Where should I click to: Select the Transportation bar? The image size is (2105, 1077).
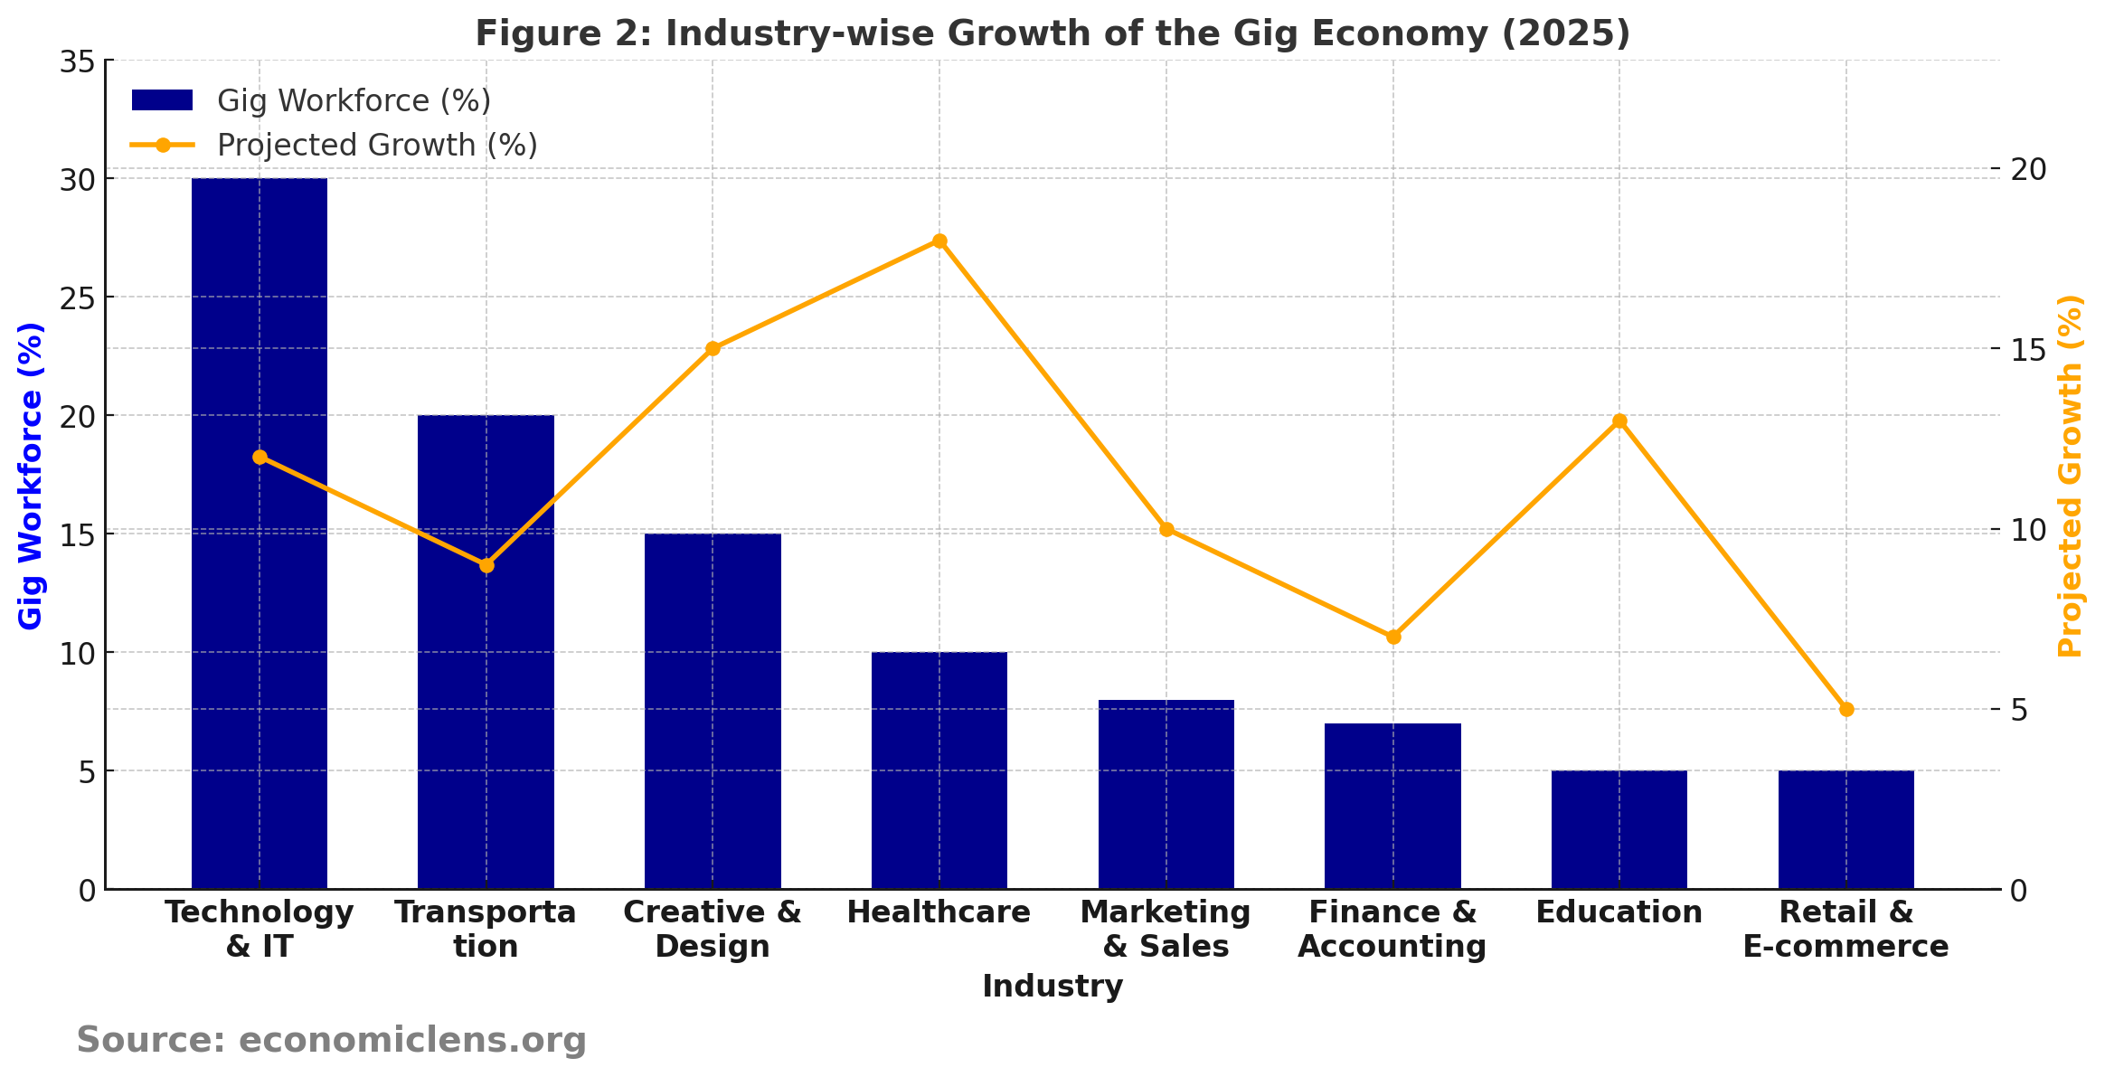coord(486,651)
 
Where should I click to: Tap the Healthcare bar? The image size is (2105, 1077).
coord(939,770)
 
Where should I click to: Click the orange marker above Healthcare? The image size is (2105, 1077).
coord(939,241)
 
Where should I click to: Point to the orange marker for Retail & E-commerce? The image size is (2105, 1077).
coord(1846,709)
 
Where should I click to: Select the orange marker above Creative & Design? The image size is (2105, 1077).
coord(713,348)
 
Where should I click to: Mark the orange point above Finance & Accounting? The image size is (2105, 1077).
coord(1393,637)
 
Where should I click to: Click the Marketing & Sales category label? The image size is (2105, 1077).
coord(1166,929)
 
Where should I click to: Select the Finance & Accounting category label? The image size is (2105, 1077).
coord(1392,929)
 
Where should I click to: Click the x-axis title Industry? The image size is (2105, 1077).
coord(1052,986)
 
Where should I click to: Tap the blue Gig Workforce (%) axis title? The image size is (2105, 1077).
coord(31,475)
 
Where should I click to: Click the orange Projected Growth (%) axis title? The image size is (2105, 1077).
coord(2070,475)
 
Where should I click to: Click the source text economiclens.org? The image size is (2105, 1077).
coord(412,1040)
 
